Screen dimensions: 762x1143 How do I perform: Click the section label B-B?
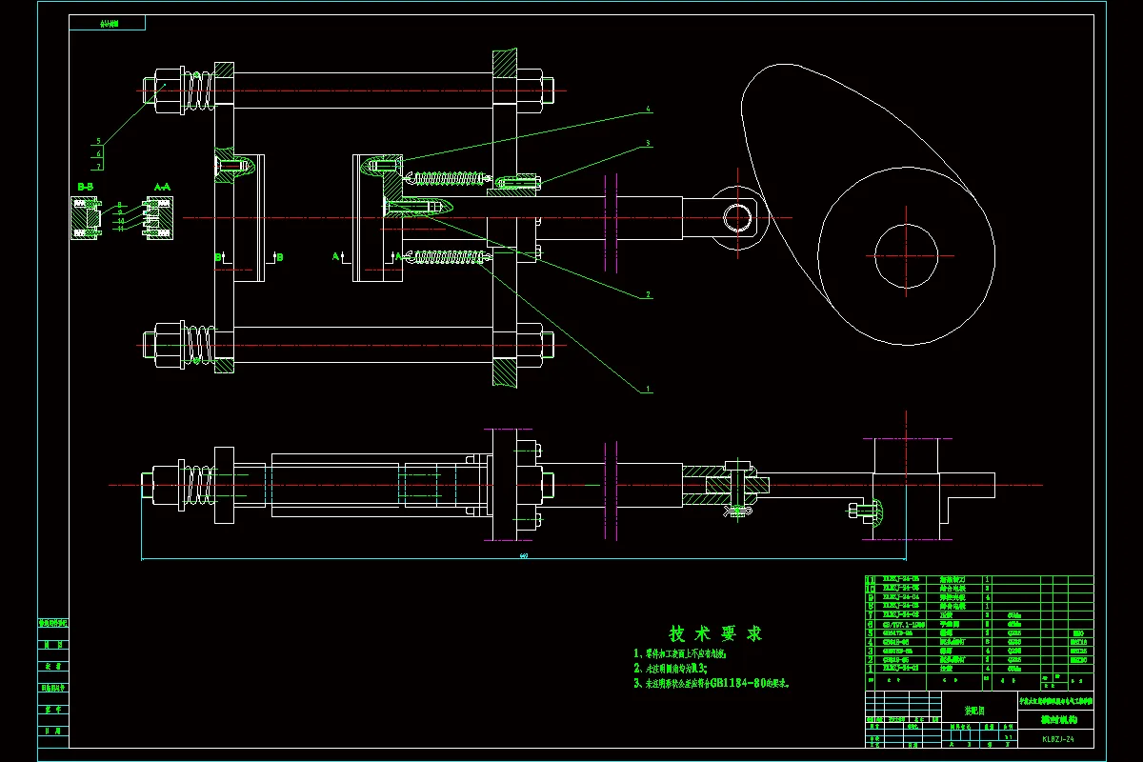pos(85,188)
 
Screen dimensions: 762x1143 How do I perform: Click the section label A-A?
pos(162,188)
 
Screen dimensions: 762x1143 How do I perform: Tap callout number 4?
pos(649,110)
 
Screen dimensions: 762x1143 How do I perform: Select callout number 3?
pos(649,144)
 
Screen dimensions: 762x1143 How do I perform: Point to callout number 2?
pos(649,295)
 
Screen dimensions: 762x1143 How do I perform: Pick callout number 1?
pos(649,389)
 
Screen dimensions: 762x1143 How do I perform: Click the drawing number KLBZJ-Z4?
pos(1058,738)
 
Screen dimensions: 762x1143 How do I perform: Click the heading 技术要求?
pos(715,633)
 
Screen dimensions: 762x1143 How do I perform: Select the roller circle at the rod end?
pos(737,217)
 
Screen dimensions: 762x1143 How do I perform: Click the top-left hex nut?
pos(167,90)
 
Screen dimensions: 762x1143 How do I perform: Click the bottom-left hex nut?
pos(167,343)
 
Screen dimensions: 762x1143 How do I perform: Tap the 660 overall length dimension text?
pos(523,555)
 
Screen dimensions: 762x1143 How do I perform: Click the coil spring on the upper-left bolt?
pos(199,90)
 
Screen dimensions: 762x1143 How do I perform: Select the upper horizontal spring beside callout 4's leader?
pos(446,177)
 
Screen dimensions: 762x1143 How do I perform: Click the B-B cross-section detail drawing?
pos(86,218)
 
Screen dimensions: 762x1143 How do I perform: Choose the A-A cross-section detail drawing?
pos(157,218)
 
